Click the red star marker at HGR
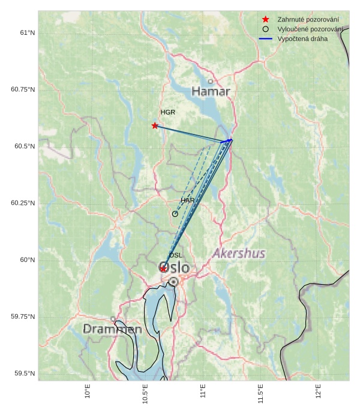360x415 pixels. (x=155, y=126)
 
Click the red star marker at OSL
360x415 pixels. (x=163, y=268)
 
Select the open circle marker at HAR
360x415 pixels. (x=175, y=214)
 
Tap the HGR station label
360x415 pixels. (x=168, y=112)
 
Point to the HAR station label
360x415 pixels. (x=188, y=200)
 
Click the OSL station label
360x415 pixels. (x=176, y=255)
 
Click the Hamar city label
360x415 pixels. (x=211, y=91)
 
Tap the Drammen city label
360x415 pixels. (x=112, y=329)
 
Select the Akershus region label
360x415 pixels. (x=239, y=253)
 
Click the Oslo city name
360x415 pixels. (x=175, y=267)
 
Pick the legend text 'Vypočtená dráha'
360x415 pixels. (x=302, y=38)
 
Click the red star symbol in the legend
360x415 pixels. (x=266, y=19)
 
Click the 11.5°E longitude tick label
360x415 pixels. (x=261, y=394)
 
